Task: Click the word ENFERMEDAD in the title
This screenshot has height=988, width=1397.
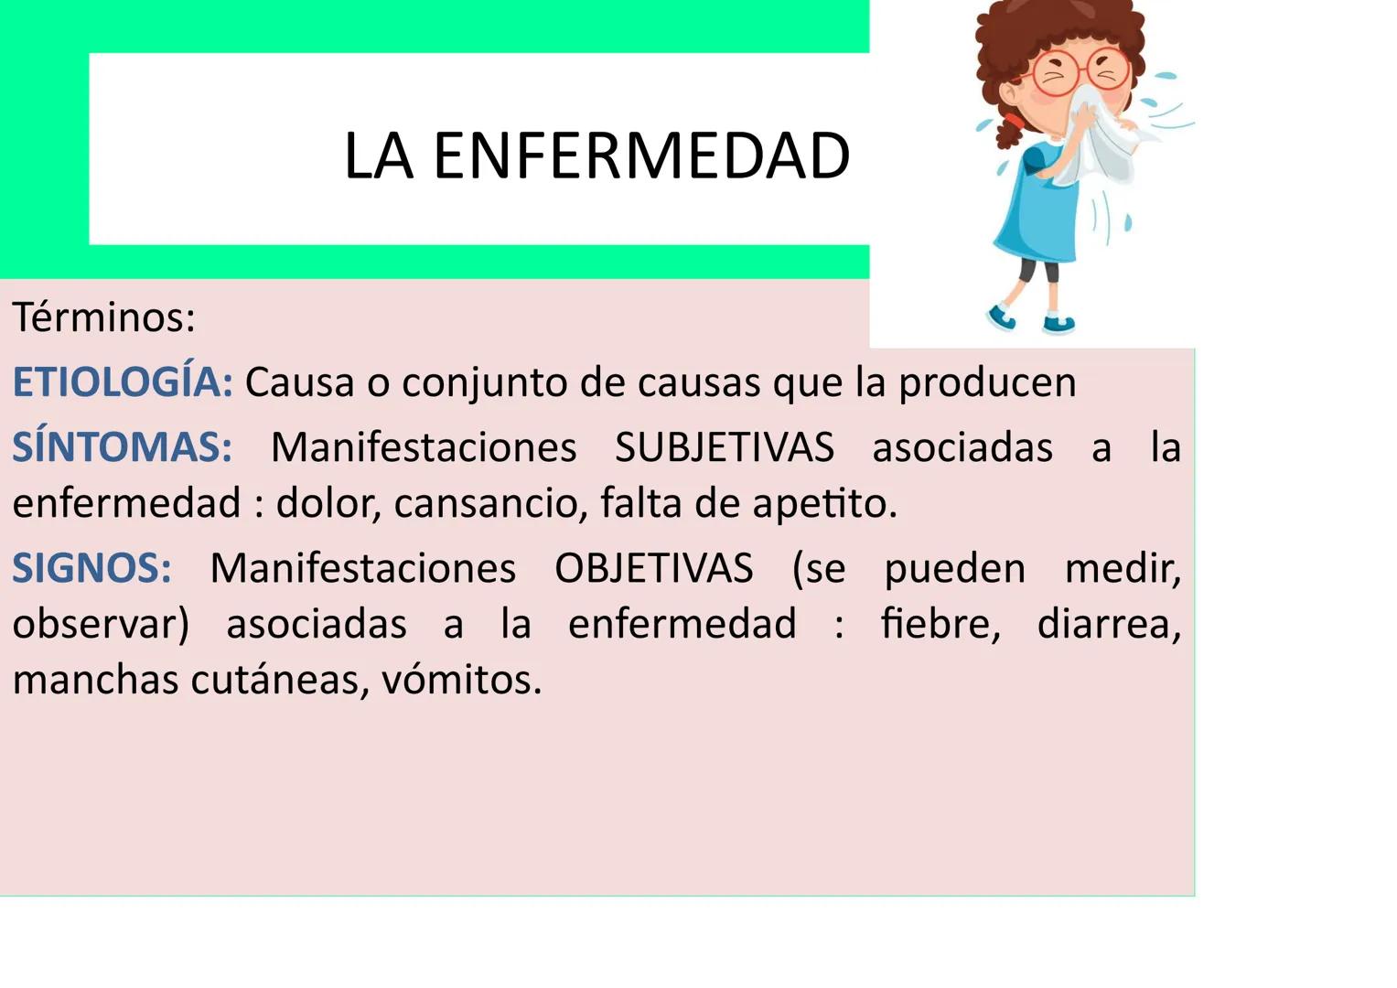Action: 641,156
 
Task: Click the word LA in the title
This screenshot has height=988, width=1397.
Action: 378,156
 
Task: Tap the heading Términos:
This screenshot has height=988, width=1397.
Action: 103,317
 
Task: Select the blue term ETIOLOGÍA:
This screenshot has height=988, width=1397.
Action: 123,382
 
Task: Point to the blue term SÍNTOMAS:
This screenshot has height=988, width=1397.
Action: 123,448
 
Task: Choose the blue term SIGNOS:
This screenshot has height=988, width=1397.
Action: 91,569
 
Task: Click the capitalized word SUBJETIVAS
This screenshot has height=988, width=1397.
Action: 724,448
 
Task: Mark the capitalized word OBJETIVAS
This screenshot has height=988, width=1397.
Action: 653,569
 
